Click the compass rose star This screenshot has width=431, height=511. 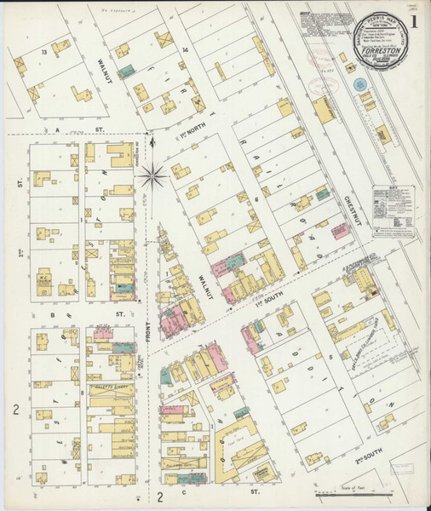[x=153, y=176]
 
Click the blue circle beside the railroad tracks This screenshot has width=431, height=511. [x=359, y=85]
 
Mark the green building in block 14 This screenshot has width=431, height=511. [x=126, y=72]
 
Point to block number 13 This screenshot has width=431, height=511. [x=42, y=52]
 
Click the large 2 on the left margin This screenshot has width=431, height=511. [x=15, y=411]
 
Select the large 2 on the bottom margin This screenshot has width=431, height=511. [x=159, y=497]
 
